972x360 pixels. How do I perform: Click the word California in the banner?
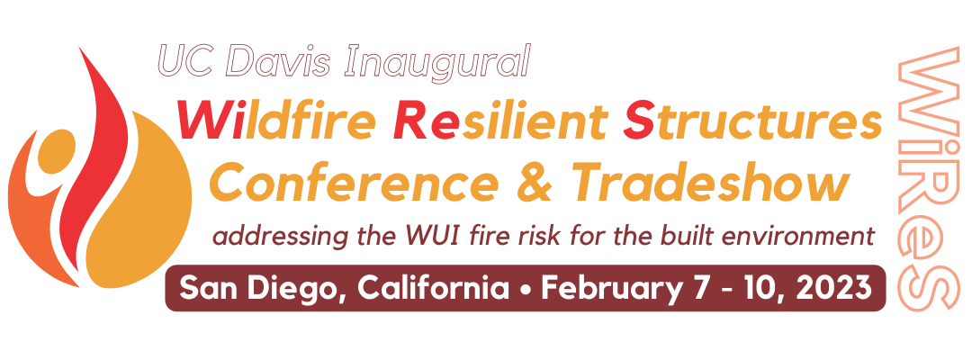click(434, 287)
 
